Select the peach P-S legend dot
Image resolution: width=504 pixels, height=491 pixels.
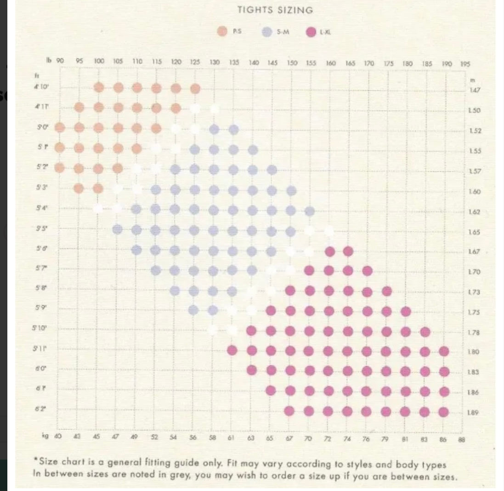click(x=223, y=32)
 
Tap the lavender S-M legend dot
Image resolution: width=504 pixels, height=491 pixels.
click(x=266, y=32)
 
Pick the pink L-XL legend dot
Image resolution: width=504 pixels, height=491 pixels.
click(x=311, y=32)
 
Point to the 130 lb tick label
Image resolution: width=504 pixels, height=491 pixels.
click(x=215, y=62)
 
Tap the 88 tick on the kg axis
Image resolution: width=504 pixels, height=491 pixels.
click(x=462, y=439)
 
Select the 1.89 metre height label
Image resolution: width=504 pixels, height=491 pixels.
click(x=474, y=413)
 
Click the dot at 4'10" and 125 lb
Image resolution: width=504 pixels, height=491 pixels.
click(x=195, y=88)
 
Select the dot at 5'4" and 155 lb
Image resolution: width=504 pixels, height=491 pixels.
click(x=310, y=211)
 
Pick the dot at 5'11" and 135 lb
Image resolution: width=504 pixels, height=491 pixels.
click(x=232, y=351)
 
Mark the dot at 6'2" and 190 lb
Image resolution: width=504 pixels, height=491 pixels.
click(x=443, y=412)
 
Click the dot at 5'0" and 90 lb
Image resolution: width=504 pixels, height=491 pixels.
click(x=60, y=128)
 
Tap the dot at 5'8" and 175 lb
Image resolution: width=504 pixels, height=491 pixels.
click(x=387, y=291)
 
